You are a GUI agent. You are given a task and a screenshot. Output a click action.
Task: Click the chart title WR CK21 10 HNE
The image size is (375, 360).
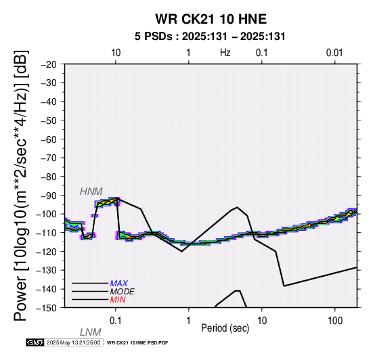click(211, 19)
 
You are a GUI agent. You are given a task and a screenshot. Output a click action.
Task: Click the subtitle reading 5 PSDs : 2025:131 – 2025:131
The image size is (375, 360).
click(210, 37)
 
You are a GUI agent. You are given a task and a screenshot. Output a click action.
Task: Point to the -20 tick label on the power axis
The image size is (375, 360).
click(49, 64)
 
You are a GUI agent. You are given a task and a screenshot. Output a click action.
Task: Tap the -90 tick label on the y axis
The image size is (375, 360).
click(49, 196)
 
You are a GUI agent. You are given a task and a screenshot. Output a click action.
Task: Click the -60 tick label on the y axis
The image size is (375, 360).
click(49, 139)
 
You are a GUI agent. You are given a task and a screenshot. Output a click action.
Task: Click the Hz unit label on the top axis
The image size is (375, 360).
click(225, 53)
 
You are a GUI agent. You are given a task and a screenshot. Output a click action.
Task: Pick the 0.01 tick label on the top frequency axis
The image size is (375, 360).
click(334, 53)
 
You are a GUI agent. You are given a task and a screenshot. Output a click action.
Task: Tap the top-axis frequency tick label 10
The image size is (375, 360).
click(116, 53)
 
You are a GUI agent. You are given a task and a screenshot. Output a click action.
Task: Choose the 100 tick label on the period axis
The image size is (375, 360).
click(335, 321)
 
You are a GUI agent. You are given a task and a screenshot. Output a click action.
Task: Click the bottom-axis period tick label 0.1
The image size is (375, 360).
click(115, 321)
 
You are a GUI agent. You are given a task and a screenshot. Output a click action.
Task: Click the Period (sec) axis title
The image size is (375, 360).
click(225, 328)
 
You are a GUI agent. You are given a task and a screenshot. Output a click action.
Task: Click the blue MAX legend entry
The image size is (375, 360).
click(118, 284)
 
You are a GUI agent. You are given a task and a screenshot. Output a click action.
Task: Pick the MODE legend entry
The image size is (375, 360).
click(123, 292)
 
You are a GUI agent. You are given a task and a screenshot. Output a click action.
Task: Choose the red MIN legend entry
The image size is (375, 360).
click(118, 300)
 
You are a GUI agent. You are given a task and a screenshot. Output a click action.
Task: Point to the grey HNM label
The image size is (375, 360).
click(91, 192)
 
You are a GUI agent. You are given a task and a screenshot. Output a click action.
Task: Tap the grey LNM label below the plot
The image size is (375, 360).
click(91, 332)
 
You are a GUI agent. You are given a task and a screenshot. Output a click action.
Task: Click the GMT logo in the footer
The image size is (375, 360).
click(35, 342)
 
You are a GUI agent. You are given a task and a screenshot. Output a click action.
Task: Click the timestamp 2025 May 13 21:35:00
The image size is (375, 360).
click(73, 343)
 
